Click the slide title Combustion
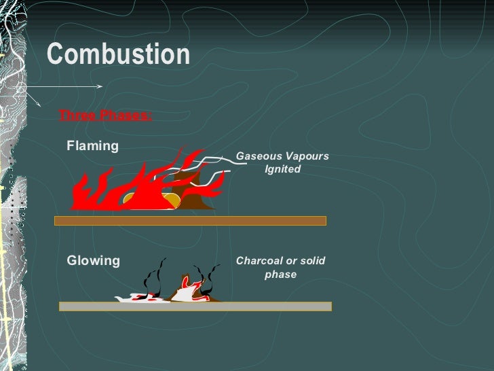(117, 55)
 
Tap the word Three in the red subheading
(76, 115)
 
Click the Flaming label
(92, 146)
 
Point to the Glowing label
(93, 261)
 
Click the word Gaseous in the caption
(257, 156)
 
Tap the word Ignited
(282, 169)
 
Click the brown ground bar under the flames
(190, 221)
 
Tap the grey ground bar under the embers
(195, 306)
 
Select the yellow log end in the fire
(171, 199)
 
